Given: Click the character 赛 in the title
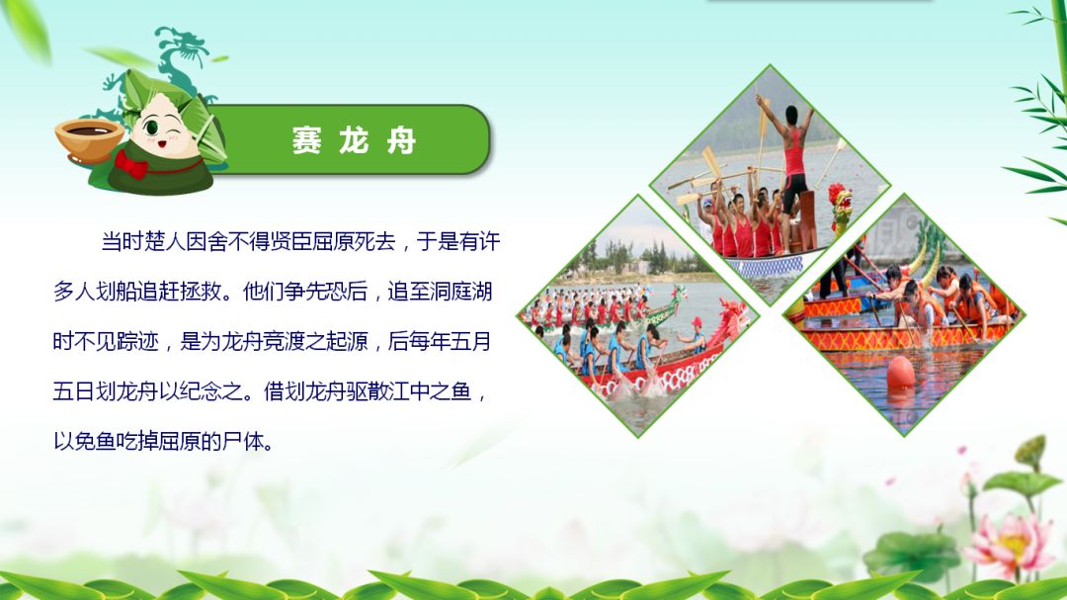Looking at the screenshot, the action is pyautogui.click(x=306, y=141).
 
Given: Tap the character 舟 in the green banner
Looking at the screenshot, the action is pyautogui.click(x=401, y=141).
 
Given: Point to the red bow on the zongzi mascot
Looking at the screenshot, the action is pyautogui.click(x=130, y=164).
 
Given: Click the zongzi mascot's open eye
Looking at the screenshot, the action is pyautogui.click(x=151, y=128).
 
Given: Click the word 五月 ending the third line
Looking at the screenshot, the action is pyautogui.click(x=470, y=341).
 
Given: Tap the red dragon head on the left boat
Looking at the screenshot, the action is pyautogui.click(x=728, y=321).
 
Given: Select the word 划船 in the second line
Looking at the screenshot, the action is pyautogui.click(x=117, y=292).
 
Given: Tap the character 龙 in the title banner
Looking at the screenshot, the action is pyautogui.click(x=354, y=141).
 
